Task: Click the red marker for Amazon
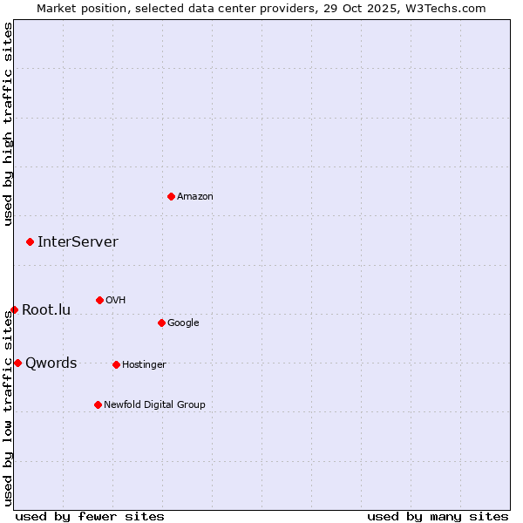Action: [171, 196]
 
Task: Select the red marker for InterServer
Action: [30, 241]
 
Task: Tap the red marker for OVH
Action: [99, 300]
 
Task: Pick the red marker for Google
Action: [161, 323]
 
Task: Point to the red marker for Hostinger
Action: [116, 364]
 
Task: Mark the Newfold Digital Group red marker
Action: [98, 404]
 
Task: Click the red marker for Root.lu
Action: [14, 309]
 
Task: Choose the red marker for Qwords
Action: [17, 363]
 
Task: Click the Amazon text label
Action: [195, 197]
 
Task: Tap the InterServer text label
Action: [78, 242]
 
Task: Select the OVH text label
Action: [116, 301]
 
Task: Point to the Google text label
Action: [183, 323]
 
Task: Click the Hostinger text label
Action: [144, 365]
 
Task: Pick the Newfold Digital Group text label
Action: [154, 405]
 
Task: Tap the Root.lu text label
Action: [46, 310]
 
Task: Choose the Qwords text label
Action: [51, 363]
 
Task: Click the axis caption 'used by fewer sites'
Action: [90, 517]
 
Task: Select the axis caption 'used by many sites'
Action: [438, 517]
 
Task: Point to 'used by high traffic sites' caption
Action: [8, 124]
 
